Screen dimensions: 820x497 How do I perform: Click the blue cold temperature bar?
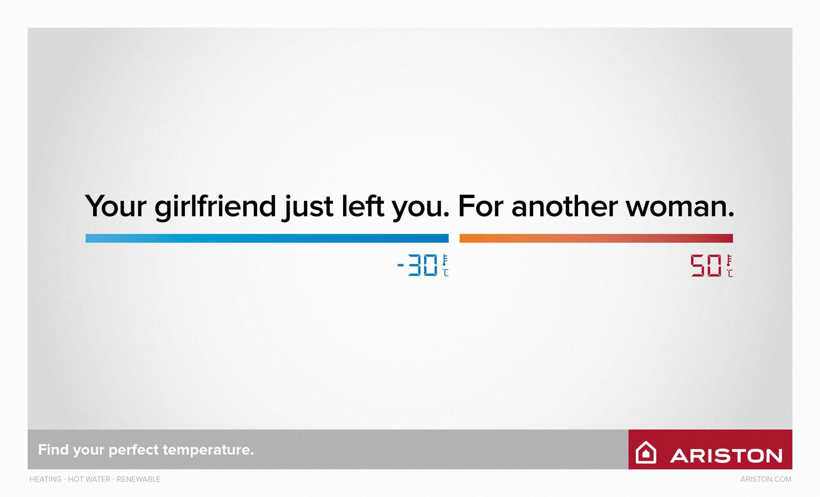click(x=267, y=238)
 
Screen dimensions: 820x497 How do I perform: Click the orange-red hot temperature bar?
click(x=596, y=238)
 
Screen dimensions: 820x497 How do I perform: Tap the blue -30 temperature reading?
click(x=417, y=265)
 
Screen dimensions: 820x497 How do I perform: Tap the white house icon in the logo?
click(x=646, y=452)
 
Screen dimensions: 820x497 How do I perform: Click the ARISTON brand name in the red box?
click(x=726, y=456)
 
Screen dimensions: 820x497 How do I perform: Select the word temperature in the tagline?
click(x=208, y=450)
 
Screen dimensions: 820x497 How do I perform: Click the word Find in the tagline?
click(x=53, y=449)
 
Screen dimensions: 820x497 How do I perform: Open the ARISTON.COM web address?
click(x=766, y=479)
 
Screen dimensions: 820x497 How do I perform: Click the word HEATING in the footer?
click(x=45, y=479)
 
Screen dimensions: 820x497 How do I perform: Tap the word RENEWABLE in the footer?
click(x=139, y=479)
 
